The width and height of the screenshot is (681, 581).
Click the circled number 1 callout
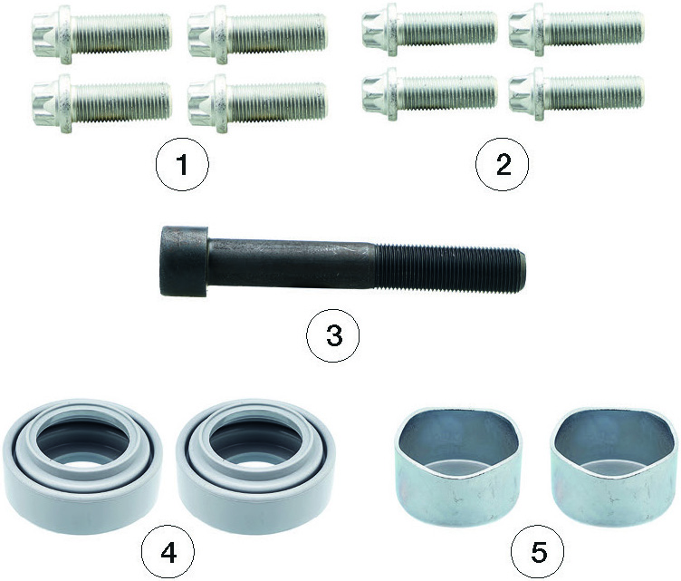182,165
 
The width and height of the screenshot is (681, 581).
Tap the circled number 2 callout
503,165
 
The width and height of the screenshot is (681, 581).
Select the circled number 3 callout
333,336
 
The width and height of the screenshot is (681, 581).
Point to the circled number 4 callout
168,553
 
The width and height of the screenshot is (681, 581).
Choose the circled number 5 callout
538,553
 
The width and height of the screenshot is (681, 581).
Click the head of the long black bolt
184,261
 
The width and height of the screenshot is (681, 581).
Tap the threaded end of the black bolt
450,266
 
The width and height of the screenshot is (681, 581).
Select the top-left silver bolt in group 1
101,34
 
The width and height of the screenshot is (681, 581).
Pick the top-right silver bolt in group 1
257,34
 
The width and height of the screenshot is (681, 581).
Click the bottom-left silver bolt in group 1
101,103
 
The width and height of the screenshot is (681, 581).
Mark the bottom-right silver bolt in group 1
257,103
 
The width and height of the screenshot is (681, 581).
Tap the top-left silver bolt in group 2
429,30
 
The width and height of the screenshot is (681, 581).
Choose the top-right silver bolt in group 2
576,30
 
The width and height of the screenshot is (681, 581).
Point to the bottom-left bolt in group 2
429,94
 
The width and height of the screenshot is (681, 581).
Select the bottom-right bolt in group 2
576,94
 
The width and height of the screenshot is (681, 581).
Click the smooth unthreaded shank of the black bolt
291,264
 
